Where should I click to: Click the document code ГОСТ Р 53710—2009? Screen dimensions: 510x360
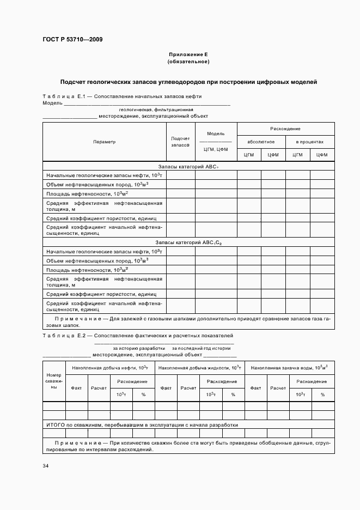click(x=72, y=40)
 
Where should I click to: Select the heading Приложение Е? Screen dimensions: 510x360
click(x=188, y=55)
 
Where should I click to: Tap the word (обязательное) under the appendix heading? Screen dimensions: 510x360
click(x=188, y=62)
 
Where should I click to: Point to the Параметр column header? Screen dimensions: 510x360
click(x=104, y=142)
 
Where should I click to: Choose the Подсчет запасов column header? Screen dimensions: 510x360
click(x=180, y=142)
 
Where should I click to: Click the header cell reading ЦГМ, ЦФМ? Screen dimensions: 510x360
click(x=216, y=149)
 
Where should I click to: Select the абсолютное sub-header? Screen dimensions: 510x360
click(x=261, y=142)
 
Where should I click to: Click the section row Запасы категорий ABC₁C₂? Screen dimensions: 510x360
click(x=188, y=242)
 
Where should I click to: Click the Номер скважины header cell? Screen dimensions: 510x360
click(x=54, y=381)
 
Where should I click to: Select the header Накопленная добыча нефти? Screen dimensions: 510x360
click(x=110, y=368)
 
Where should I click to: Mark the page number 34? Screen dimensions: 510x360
click(x=46, y=466)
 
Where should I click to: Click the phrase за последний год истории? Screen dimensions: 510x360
click(x=201, y=348)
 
